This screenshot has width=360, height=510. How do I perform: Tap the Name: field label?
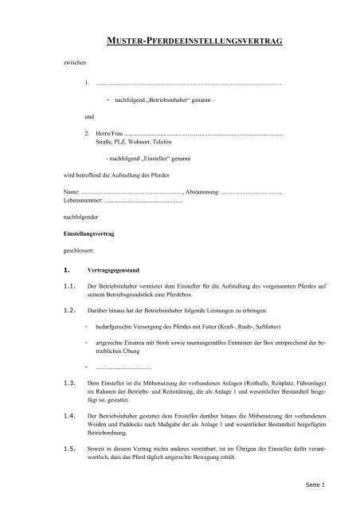(x=71, y=194)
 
